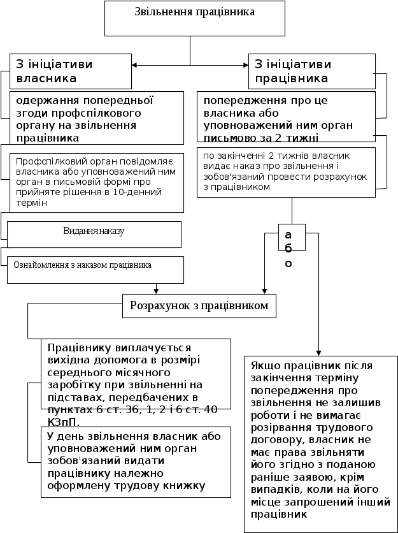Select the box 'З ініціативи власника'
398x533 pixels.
(x=70, y=71)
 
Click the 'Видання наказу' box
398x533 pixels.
(x=94, y=231)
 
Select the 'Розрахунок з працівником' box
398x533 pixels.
(x=199, y=306)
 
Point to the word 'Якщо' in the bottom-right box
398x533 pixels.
(x=264, y=366)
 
